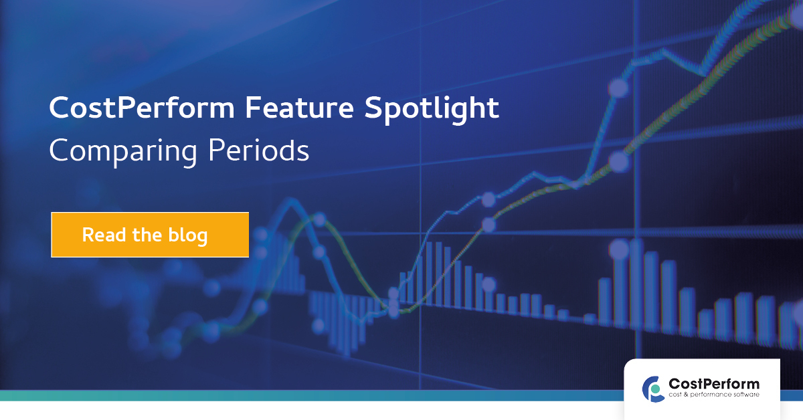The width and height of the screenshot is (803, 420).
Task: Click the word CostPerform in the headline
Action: point(142,108)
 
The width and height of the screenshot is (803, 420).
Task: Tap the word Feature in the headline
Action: point(300,108)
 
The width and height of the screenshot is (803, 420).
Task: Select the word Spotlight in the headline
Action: point(432,109)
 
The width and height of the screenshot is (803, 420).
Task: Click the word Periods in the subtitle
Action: point(258,150)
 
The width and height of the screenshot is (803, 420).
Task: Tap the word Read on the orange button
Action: point(104,235)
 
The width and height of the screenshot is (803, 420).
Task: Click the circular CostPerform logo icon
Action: point(652,389)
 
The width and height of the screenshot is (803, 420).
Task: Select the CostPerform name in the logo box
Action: point(714,384)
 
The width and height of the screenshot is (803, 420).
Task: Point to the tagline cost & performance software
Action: point(714,395)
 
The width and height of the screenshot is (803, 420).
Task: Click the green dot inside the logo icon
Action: point(655,389)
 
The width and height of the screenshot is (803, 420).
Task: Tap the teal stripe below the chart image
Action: point(312,396)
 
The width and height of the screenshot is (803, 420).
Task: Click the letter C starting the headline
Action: point(60,108)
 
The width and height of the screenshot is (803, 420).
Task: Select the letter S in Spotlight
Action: point(374,108)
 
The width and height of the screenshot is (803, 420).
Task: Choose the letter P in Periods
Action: point(217,150)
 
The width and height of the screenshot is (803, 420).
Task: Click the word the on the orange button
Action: point(147,235)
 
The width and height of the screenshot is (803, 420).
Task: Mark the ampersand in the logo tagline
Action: point(686,395)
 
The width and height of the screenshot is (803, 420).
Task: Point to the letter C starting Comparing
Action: point(59,150)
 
